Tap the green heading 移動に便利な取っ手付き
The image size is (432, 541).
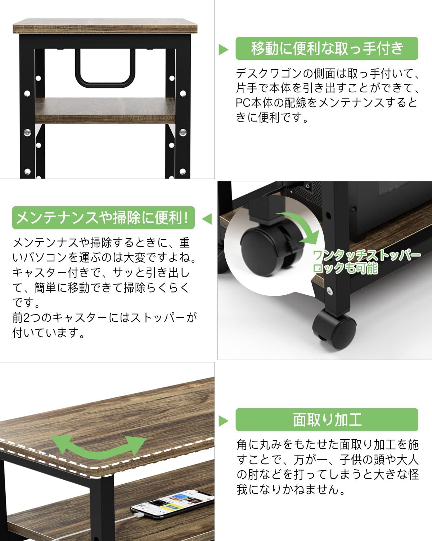click(327, 48)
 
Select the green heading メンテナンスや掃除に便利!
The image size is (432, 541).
click(103, 218)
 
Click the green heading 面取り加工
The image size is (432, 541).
click(327, 419)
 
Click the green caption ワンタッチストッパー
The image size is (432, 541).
click(366, 256)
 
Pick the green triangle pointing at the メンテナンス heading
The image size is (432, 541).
click(207, 219)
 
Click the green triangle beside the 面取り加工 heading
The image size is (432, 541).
click(224, 421)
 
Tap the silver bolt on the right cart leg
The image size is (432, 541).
click(183, 133)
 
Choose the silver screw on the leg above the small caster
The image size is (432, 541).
click(329, 290)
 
